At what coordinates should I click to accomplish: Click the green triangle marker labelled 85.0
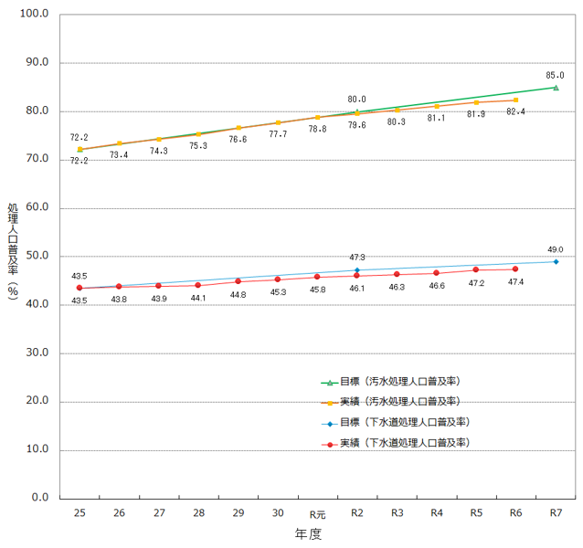pyautogui.click(x=556, y=88)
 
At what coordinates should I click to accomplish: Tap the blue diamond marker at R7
pyautogui.click(x=556, y=262)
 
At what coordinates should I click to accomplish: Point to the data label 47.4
pyautogui.click(x=515, y=282)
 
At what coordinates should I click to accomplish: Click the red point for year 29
pyautogui.click(x=238, y=281)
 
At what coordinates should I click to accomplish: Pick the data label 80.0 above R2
pyautogui.click(x=356, y=99)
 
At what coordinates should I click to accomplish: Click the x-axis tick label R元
pyautogui.click(x=317, y=514)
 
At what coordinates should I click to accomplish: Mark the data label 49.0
pyautogui.click(x=556, y=249)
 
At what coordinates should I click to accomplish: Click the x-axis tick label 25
pyautogui.click(x=79, y=514)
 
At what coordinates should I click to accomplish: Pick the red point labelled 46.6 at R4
pyautogui.click(x=436, y=273)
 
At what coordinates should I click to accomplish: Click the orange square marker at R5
pyautogui.click(x=476, y=102)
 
